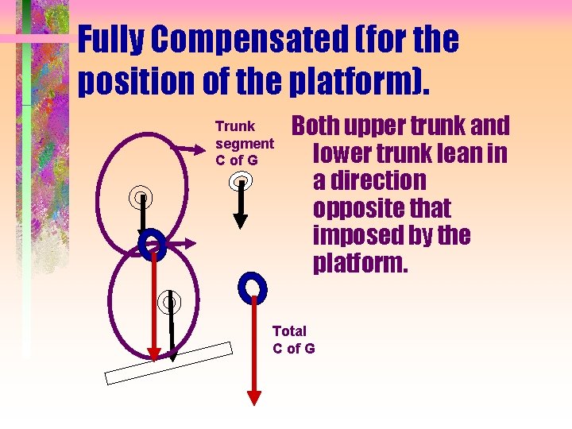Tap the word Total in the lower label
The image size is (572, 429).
point(289,331)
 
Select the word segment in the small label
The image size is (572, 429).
point(245,144)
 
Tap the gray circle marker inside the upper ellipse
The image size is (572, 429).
point(141,195)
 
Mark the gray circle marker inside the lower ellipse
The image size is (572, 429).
point(168,301)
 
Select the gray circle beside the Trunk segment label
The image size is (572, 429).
point(241,182)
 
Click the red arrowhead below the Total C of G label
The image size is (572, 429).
point(253,397)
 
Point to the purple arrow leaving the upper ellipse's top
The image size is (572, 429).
point(187,147)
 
